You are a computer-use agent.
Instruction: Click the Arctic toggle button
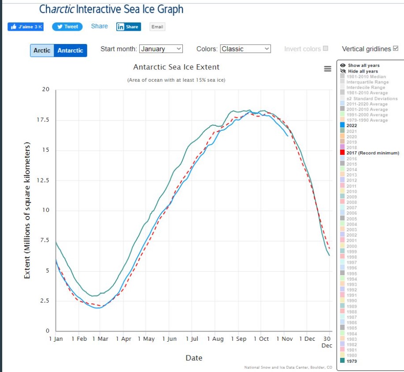pyautogui.click(x=42, y=51)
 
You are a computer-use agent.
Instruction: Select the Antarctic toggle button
pyautogui.click(x=70, y=51)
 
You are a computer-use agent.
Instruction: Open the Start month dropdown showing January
pyautogui.click(x=161, y=49)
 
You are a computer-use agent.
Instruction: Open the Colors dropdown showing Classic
pyautogui.click(x=245, y=49)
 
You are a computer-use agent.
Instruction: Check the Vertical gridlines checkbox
pyautogui.click(x=395, y=48)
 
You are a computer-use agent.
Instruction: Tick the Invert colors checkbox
pyautogui.click(x=326, y=48)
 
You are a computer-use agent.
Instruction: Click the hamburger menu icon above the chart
pyautogui.click(x=327, y=69)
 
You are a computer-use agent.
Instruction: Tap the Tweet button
pyautogui.click(x=67, y=26)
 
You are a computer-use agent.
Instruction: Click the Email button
pyautogui.click(x=157, y=27)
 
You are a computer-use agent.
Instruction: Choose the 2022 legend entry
pyautogui.click(x=352, y=125)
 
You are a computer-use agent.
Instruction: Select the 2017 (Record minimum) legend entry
pyautogui.click(x=372, y=153)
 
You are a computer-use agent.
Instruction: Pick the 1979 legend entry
pyautogui.click(x=352, y=361)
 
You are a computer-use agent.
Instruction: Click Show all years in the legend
pyautogui.click(x=363, y=66)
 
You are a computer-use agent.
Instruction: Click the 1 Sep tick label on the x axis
pyautogui.click(x=238, y=339)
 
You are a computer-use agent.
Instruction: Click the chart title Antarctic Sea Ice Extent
pyautogui.click(x=176, y=67)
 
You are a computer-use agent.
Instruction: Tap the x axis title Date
pyautogui.click(x=194, y=358)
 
